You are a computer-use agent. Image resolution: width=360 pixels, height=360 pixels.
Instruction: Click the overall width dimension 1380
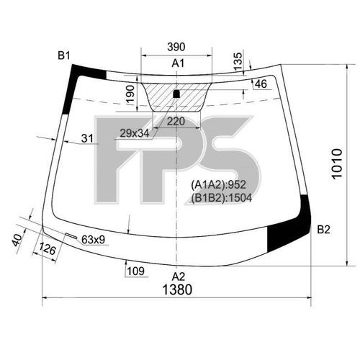click(x=177, y=289)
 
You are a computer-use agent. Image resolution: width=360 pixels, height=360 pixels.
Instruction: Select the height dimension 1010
click(x=337, y=163)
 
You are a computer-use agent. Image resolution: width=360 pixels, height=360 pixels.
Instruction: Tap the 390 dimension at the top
click(x=176, y=47)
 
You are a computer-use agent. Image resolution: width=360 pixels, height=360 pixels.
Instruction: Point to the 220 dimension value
click(x=176, y=122)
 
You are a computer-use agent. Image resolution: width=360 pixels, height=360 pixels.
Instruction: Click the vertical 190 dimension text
click(x=130, y=94)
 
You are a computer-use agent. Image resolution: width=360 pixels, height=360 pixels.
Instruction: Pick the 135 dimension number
click(x=238, y=61)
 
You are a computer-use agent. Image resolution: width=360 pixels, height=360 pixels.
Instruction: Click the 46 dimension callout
click(x=261, y=84)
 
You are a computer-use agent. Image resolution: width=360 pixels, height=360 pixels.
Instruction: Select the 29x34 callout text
click(x=135, y=133)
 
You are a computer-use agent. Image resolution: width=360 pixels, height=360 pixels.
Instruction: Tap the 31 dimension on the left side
click(x=87, y=138)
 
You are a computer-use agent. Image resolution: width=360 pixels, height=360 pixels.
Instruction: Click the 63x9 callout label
click(x=94, y=240)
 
